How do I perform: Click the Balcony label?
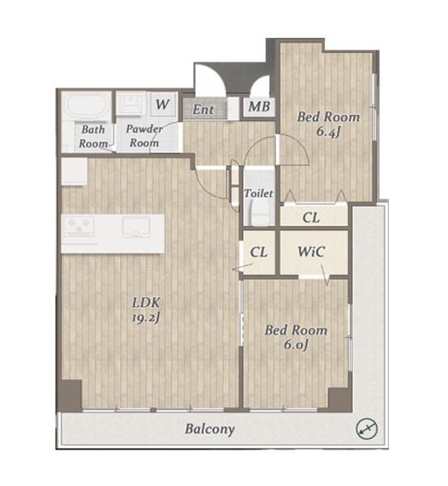[210, 429]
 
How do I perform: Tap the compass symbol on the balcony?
[366, 429]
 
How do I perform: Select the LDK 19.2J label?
[146, 309]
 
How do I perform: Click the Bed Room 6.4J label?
[328, 124]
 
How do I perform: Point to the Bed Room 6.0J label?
[296, 337]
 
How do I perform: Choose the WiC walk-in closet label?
[311, 252]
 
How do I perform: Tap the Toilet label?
[258, 193]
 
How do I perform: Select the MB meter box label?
[259, 107]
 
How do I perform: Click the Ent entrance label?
[203, 109]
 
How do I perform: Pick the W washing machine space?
[163, 104]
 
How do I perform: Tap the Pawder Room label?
[144, 136]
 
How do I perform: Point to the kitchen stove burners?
[79, 226]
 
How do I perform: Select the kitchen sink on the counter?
[136, 227]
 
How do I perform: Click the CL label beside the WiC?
[258, 252]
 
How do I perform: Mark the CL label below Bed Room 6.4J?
[311, 218]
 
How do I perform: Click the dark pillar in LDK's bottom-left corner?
[70, 396]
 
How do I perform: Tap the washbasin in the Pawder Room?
[130, 104]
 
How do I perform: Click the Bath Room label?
[92, 136]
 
